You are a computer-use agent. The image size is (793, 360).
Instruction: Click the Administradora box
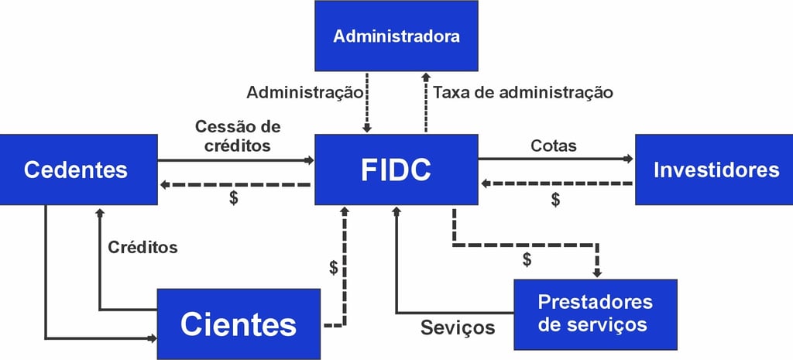coord(396,36)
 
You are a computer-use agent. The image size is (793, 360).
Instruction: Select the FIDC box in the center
coord(396,170)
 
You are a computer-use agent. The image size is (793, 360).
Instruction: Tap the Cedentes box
coord(75,170)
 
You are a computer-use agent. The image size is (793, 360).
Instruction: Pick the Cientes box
coord(239,324)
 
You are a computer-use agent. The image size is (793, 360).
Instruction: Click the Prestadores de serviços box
coord(595,312)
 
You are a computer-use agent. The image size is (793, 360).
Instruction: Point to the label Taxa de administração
coord(523,93)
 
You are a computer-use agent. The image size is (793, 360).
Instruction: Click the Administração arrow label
coord(304,93)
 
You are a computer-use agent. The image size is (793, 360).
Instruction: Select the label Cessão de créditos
coord(238,135)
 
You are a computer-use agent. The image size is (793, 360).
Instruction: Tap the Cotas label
coord(554,146)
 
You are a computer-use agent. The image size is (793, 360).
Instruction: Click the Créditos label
coord(142,248)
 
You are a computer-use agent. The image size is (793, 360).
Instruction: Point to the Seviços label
coord(458,327)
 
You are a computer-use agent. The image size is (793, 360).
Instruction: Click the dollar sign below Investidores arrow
coord(555,200)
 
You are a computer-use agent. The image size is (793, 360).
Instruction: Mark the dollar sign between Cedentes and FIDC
coord(233,198)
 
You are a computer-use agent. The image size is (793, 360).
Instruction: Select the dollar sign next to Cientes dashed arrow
coord(334,268)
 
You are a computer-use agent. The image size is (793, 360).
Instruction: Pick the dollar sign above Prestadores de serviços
coord(527,259)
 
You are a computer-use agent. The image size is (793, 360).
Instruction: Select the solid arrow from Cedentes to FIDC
coord(235,160)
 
